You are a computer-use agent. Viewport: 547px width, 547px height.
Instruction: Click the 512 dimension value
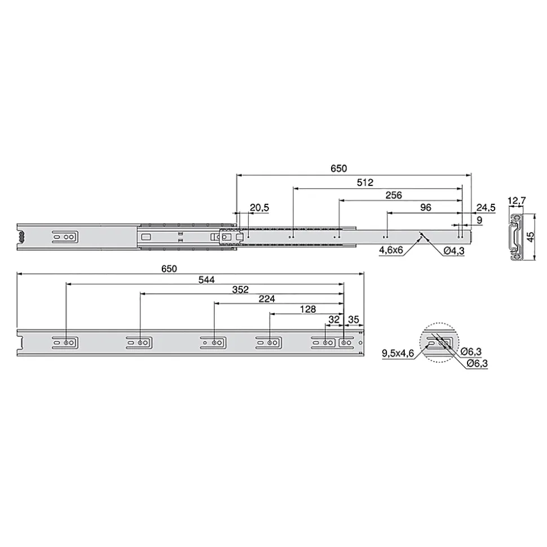[365, 183]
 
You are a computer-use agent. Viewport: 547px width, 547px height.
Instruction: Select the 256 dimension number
[394, 195]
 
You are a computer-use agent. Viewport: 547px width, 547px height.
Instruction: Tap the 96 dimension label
[425, 207]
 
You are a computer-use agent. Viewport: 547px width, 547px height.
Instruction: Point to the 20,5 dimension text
[259, 208]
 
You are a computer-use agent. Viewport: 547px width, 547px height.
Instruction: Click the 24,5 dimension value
[486, 208]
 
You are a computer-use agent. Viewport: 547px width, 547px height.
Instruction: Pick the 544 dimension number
[206, 280]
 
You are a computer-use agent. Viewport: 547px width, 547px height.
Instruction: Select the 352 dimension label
[240, 290]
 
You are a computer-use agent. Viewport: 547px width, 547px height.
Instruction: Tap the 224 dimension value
[267, 299]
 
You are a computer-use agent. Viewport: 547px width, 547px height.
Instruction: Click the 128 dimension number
[308, 309]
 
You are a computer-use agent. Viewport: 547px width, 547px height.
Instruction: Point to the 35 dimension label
[354, 319]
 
